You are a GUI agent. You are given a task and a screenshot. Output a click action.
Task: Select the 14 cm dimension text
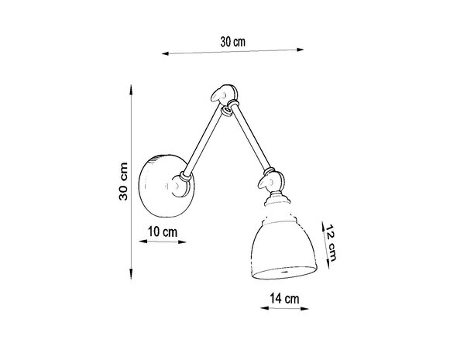click(286, 297)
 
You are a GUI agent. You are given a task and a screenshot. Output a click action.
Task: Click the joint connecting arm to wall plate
click(184, 184)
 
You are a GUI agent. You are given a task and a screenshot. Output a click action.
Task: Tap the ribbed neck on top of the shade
click(274, 208)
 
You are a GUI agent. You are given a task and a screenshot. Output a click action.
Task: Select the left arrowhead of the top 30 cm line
click(166, 55)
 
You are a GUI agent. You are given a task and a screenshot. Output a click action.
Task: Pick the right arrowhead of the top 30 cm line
click(301, 52)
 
